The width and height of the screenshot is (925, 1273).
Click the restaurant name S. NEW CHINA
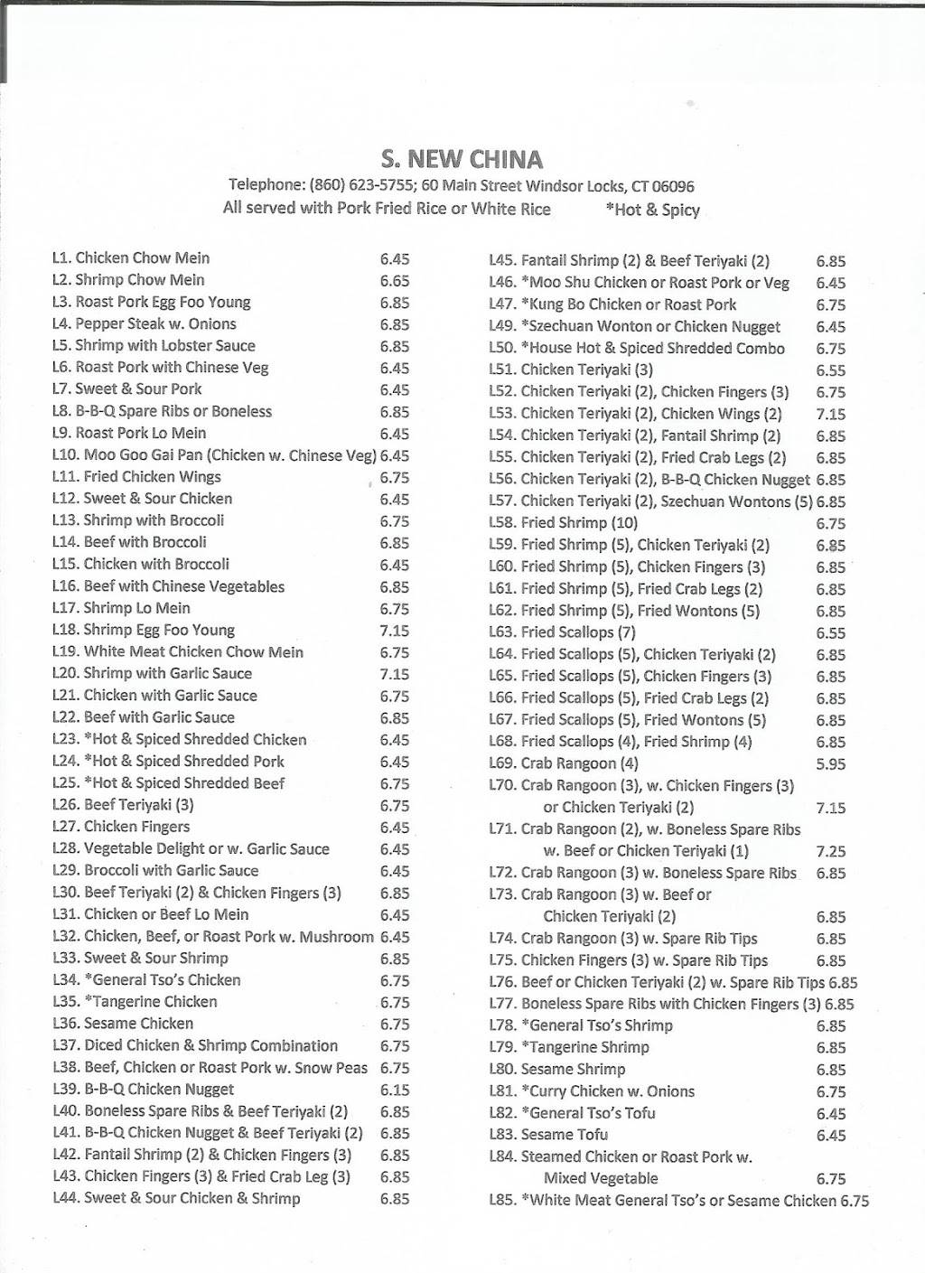click(x=462, y=160)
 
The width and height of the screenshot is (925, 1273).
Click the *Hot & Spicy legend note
click(x=653, y=210)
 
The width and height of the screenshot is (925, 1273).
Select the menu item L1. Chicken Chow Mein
click(x=131, y=258)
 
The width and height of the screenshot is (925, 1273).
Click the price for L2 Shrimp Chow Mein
click(x=395, y=281)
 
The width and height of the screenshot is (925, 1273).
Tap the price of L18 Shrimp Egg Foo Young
click(x=395, y=631)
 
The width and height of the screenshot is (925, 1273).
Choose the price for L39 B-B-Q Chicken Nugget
click(x=395, y=1090)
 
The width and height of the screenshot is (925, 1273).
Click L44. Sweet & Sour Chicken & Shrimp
click(x=176, y=1199)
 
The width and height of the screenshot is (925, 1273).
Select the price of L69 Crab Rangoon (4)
click(x=831, y=763)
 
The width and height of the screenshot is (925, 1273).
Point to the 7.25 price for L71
click(x=831, y=851)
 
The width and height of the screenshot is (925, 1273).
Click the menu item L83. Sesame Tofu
click(x=548, y=1135)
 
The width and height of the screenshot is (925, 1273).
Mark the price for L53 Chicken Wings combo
click(x=831, y=414)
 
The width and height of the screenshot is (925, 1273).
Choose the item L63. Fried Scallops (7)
click(x=562, y=632)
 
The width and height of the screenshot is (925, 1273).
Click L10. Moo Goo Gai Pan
click(x=214, y=455)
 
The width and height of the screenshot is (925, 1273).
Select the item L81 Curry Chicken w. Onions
click(x=592, y=1091)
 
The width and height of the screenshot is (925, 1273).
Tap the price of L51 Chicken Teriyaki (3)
click(x=831, y=370)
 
